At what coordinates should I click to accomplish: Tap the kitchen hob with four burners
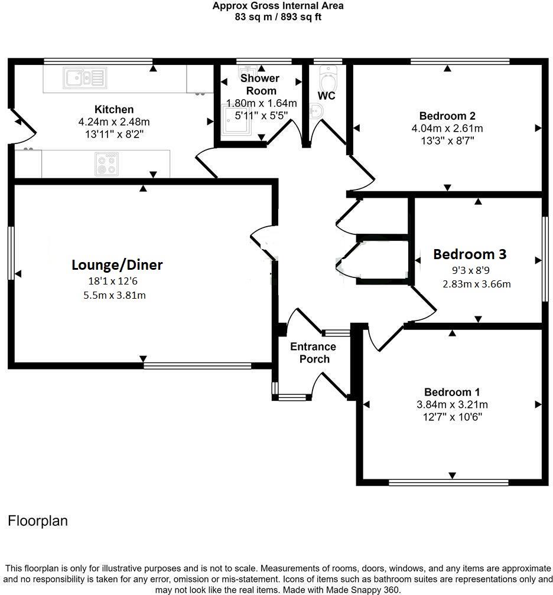106,164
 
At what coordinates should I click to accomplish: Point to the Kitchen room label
114,109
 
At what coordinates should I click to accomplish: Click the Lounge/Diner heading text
117,265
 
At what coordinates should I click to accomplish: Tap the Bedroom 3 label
470,254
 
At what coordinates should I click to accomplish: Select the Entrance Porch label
313,353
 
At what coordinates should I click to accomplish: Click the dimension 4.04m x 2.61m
447,128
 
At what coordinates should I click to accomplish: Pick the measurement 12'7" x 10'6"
452,417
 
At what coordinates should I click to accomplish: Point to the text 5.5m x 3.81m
115,295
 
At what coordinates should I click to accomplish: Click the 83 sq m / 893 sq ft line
278,17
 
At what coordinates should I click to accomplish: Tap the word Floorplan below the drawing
38,521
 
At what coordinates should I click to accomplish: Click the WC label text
327,96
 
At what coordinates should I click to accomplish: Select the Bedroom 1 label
452,392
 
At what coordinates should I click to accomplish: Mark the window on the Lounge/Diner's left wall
11,253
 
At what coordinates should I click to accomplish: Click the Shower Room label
260,84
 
